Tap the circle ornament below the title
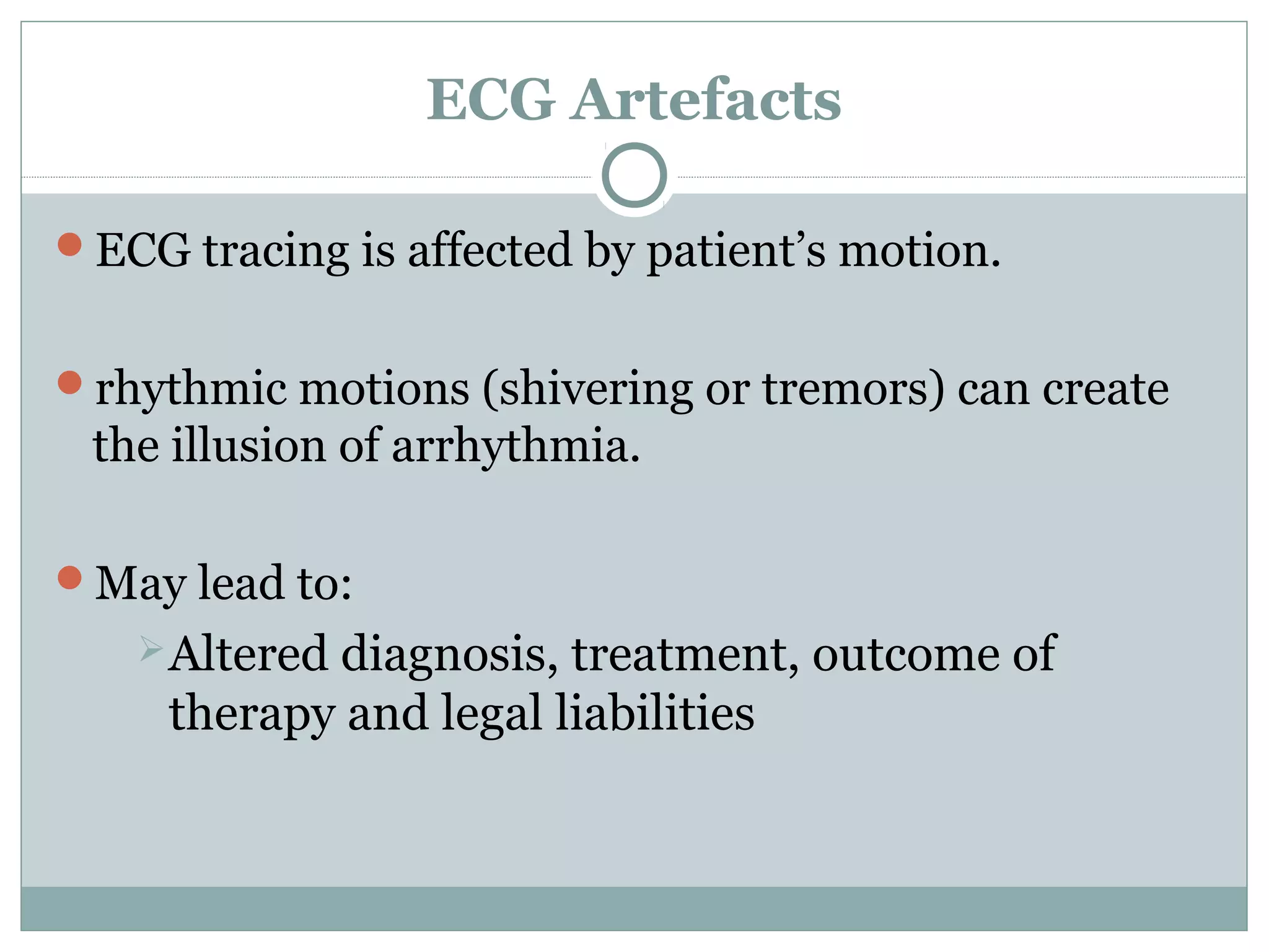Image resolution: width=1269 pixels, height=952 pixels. coord(634,175)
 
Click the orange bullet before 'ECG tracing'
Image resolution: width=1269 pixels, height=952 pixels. coord(69,244)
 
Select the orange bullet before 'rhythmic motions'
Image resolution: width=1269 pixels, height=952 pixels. coord(69,382)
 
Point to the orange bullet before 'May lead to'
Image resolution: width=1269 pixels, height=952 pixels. coord(69,577)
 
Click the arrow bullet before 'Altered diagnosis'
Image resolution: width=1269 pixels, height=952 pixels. coord(151,648)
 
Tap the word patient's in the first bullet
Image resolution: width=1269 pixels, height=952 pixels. coord(736,251)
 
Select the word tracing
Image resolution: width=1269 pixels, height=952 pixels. coord(276,251)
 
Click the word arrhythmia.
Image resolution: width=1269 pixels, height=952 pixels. coord(516,446)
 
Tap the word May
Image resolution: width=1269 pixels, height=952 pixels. coord(140,584)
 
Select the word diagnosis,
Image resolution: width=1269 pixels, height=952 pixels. coord(449,654)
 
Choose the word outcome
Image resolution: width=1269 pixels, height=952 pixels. coord(905,654)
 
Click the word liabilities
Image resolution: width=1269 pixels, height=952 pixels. coord(654,713)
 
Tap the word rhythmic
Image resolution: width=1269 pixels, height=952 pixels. coord(191,389)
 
